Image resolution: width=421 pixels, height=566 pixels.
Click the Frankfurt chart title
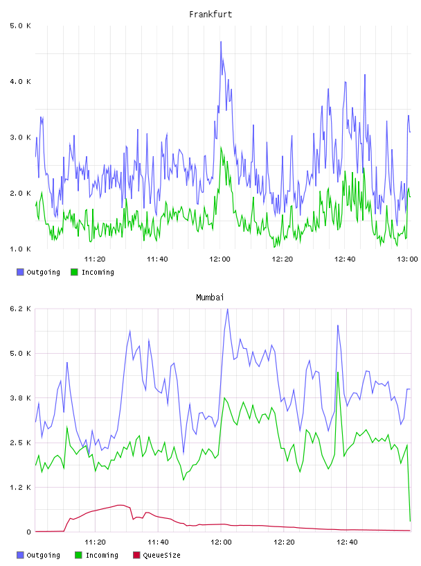pos(210,15)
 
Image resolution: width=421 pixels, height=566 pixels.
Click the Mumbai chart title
pos(210,298)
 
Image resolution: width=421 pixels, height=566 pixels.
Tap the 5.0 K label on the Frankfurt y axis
pos(21,26)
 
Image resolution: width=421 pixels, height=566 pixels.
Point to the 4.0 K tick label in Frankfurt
pos(21,82)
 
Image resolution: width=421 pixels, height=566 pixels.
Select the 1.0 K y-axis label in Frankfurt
pos(21,249)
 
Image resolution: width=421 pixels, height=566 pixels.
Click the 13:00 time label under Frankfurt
pos(407,259)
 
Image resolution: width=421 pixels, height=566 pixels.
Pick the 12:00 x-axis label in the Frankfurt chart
pos(220,259)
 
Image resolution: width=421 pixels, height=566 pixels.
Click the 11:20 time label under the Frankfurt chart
pos(95,259)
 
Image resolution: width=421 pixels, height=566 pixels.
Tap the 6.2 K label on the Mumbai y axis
pos(21,309)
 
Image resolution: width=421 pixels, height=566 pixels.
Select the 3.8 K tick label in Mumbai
pos(21,398)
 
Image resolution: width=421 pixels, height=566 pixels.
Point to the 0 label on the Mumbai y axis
pos(28,532)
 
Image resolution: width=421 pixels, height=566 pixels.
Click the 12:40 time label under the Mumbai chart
pos(347,542)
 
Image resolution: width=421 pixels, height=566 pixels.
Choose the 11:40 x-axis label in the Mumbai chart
pos(158,542)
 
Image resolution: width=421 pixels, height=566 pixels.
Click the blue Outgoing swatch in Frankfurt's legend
pos(20,272)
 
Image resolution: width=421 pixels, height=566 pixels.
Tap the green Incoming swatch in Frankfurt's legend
pos(74,272)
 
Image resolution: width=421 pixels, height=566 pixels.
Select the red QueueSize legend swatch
pos(136,555)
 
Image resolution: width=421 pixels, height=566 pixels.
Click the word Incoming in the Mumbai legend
pos(102,556)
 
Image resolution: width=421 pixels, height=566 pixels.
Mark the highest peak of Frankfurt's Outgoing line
pos(221,42)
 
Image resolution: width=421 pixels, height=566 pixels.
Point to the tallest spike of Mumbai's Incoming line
pos(338,372)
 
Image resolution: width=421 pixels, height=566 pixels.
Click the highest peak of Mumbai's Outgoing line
pos(227,309)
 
